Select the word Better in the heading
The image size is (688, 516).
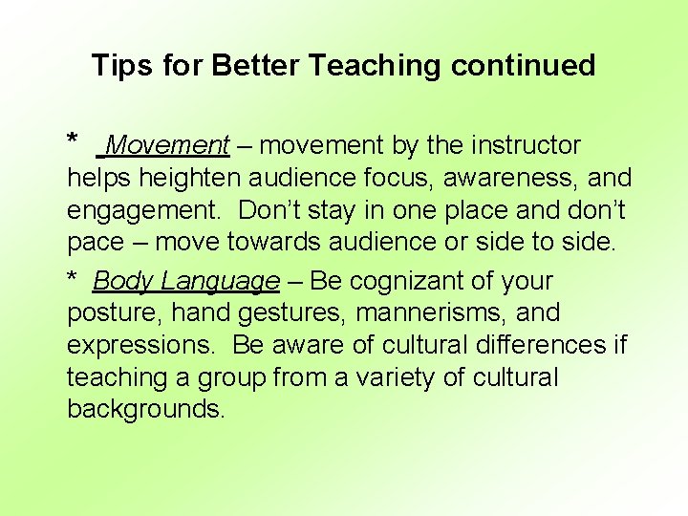[257, 66]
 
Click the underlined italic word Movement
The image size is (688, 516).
[168, 145]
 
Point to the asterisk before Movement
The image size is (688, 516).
[73, 141]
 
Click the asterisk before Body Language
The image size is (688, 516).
[72, 279]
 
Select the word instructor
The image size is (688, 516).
[524, 145]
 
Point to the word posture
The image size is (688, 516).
[108, 313]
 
